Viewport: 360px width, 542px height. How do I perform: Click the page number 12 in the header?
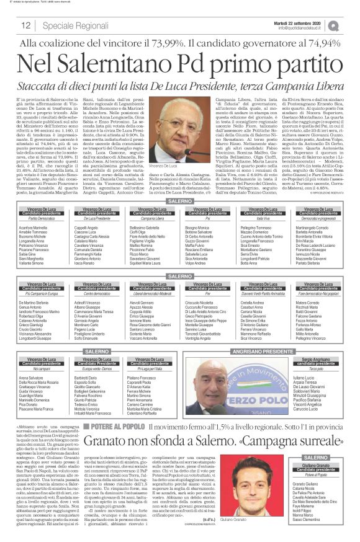click(26, 25)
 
